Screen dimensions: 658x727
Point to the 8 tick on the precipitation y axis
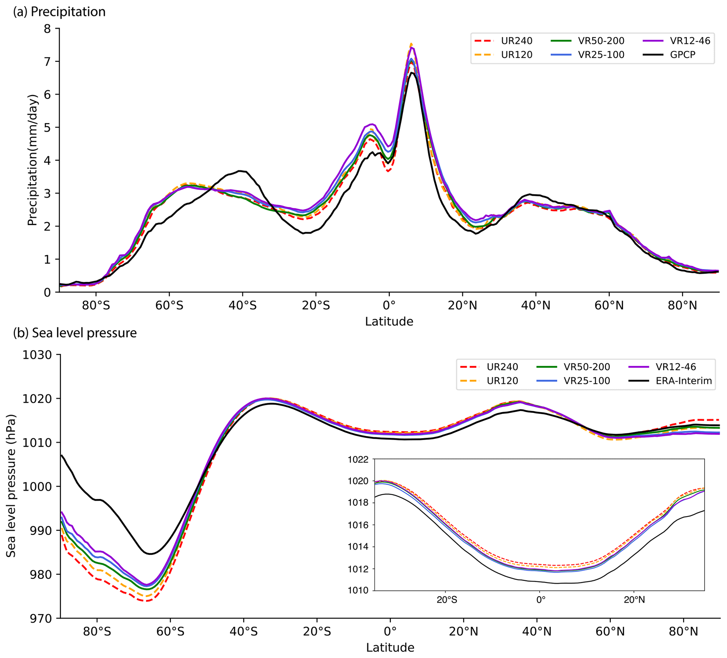(x=47, y=28)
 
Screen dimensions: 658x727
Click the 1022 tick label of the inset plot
(x=358, y=459)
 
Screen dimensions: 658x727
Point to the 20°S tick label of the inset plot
(x=447, y=600)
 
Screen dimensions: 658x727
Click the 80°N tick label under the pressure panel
(x=683, y=632)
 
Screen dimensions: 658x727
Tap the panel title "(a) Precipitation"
(x=59, y=12)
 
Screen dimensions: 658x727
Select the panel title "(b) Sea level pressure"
(x=75, y=333)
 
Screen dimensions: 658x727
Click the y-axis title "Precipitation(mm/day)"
(x=32, y=160)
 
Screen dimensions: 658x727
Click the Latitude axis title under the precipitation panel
(x=389, y=321)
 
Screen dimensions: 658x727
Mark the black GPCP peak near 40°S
(x=240, y=171)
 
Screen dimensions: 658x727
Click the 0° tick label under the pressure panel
(x=390, y=632)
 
